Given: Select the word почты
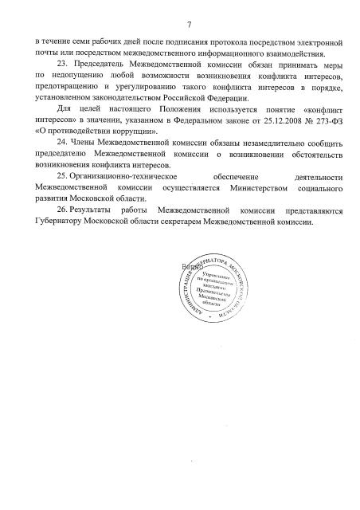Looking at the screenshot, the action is click(x=37, y=50).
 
